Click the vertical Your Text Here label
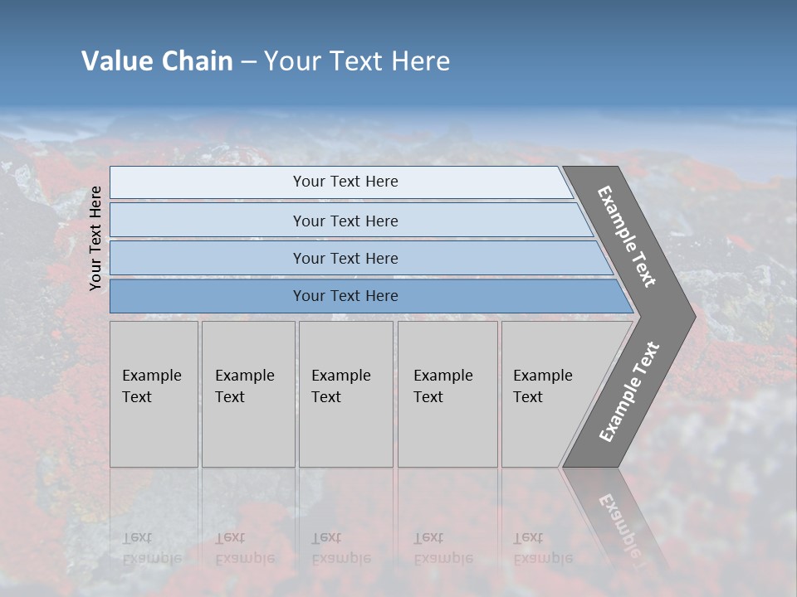click(95, 238)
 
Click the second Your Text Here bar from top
click(345, 221)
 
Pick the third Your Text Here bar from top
click(345, 258)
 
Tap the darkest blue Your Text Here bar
click(345, 296)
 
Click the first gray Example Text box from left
click(154, 393)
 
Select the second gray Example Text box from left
click(248, 393)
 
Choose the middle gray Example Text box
click(345, 393)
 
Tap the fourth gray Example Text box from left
click(447, 393)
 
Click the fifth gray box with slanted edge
click(548, 393)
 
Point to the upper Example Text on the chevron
click(627, 236)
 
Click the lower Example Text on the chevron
click(629, 391)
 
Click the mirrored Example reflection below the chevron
click(619, 522)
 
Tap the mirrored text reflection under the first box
click(151, 548)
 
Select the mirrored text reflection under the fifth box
click(542, 548)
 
